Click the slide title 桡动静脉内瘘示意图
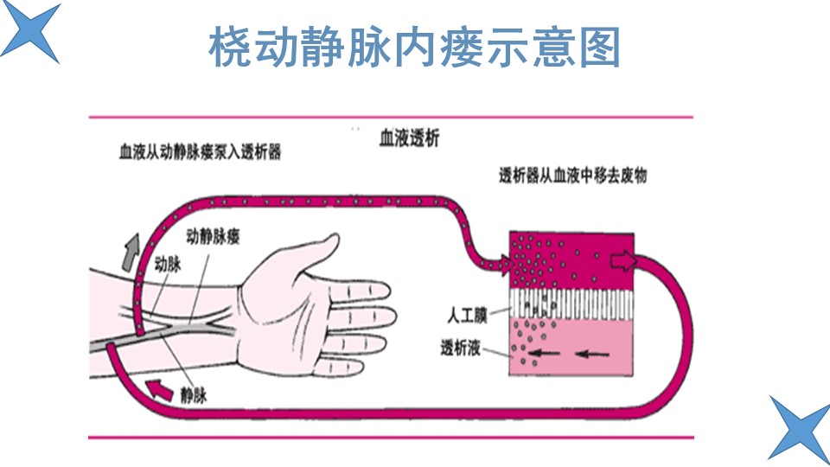tap(414, 47)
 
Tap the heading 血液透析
tap(409, 138)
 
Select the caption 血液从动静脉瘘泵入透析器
tap(200, 152)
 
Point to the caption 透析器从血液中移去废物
tap(572, 176)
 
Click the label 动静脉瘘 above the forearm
tap(213, 236)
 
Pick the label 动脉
tap(167, 264)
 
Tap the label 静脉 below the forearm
tap(193, 395)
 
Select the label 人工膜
tap(467, 315)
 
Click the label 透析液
tap(460, 348)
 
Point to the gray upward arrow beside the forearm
tap(131, 252)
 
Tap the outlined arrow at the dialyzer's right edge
tap(623, 260)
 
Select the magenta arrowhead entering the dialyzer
tap(505, 265)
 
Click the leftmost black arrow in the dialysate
tap(544, 353)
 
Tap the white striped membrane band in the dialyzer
tap(571, 304)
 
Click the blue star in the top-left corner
tap(31, 31)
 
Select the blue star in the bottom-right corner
tap(801, 429)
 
